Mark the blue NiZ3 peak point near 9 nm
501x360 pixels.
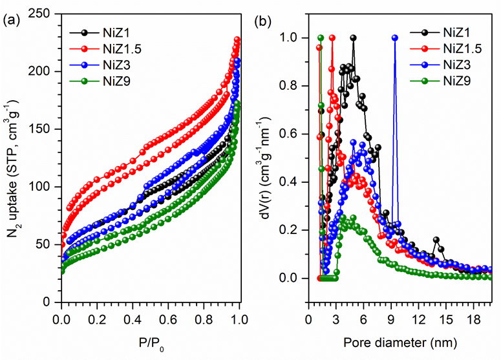click(x=395, y=37)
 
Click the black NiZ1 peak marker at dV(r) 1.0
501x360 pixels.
click(x=353, y=37)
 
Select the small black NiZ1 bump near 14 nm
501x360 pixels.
click(x=436, y=240)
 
